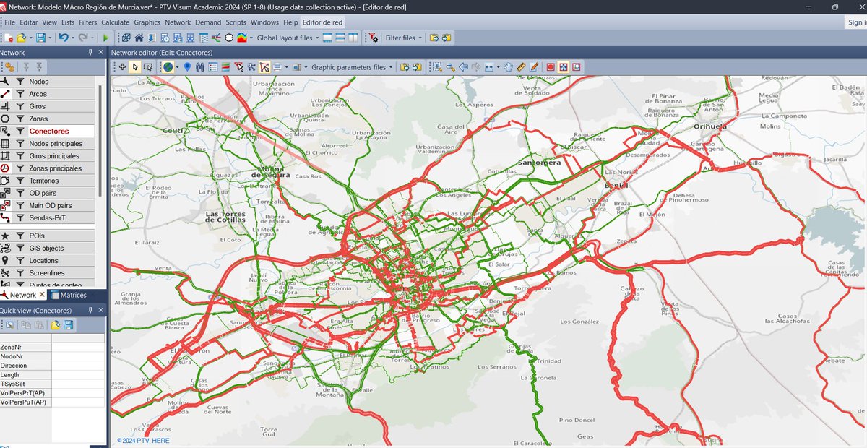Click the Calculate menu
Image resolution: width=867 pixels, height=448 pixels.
(x=115, y=22)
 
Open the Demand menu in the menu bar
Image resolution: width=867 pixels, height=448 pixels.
(x=208, y=22)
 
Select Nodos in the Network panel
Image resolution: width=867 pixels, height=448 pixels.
(x=39, y=82)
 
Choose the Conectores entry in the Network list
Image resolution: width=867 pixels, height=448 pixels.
(x=49, y=132)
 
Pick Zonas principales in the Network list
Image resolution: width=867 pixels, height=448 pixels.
(x=55, y=168)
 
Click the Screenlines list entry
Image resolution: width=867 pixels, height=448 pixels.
(x=47, y=273)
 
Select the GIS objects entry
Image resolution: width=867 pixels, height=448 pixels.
(x=46, y=249)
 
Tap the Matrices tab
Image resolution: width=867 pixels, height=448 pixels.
(x=73, y=295)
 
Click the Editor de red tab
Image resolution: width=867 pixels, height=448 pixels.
(x=323, y=22)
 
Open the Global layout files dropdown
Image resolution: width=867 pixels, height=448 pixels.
(x=288, y=38)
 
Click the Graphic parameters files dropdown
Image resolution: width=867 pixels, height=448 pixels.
(x=352, y=67)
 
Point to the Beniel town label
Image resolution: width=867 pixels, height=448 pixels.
(x=616, y=186)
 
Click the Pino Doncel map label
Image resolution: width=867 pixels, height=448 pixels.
(x=576, y=421)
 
